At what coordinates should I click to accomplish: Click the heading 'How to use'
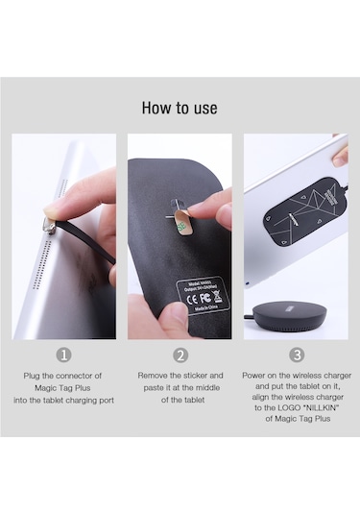tap(180, 108)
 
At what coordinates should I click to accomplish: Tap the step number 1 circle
tap(64, 355)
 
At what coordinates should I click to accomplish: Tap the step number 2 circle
tap(180, 355)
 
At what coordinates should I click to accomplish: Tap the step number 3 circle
tap(296, 355)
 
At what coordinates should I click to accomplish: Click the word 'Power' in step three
tap(256, 375)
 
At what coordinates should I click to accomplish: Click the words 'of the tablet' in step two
tap(180, 400)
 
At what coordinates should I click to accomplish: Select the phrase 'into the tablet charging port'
tap(64, 400)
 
